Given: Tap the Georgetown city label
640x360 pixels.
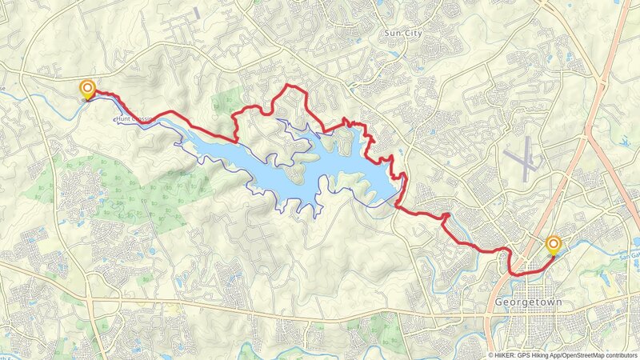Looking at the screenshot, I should [x=525, y=302].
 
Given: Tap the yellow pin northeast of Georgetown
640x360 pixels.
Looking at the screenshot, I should [x=552, y=243].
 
